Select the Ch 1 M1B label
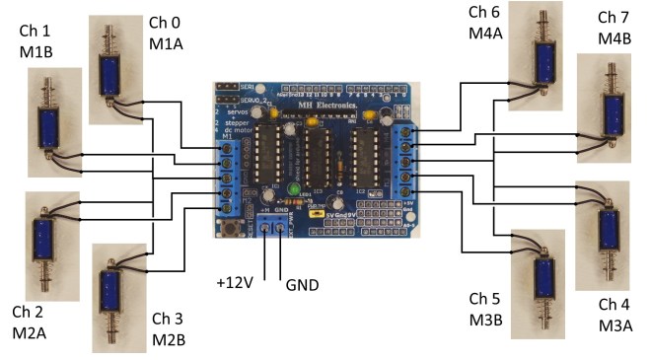pos(40,42)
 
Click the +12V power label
pos(236,282)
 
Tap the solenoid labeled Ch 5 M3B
pos(542,277)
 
